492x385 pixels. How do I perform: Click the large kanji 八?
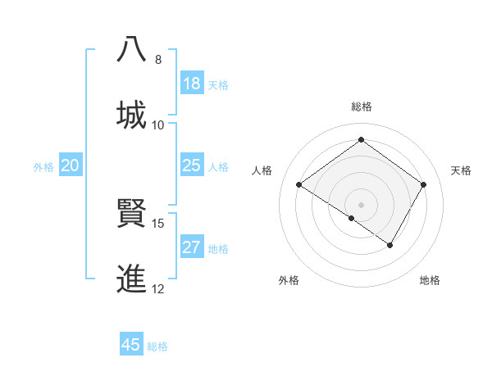point(133,49)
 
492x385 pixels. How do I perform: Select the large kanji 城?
point(133,115)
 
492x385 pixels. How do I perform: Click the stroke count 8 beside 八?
point(158,59)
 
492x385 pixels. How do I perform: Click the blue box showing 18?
point(191,84)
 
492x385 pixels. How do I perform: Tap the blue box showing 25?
point(191,165)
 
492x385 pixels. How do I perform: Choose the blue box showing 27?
point(191,247)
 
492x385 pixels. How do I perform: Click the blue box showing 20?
point(71,165)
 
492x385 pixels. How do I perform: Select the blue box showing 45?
point(131,345)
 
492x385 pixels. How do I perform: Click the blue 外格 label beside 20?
point(43,167)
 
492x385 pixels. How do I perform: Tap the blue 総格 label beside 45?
point(157,346)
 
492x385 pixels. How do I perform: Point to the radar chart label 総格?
point(361,106)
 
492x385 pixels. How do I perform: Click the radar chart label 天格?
point(461,170)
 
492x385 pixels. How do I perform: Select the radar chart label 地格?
point(430,280)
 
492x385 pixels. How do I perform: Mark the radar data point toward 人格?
point(299,185)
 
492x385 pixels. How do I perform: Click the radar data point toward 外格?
point(352,218)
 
